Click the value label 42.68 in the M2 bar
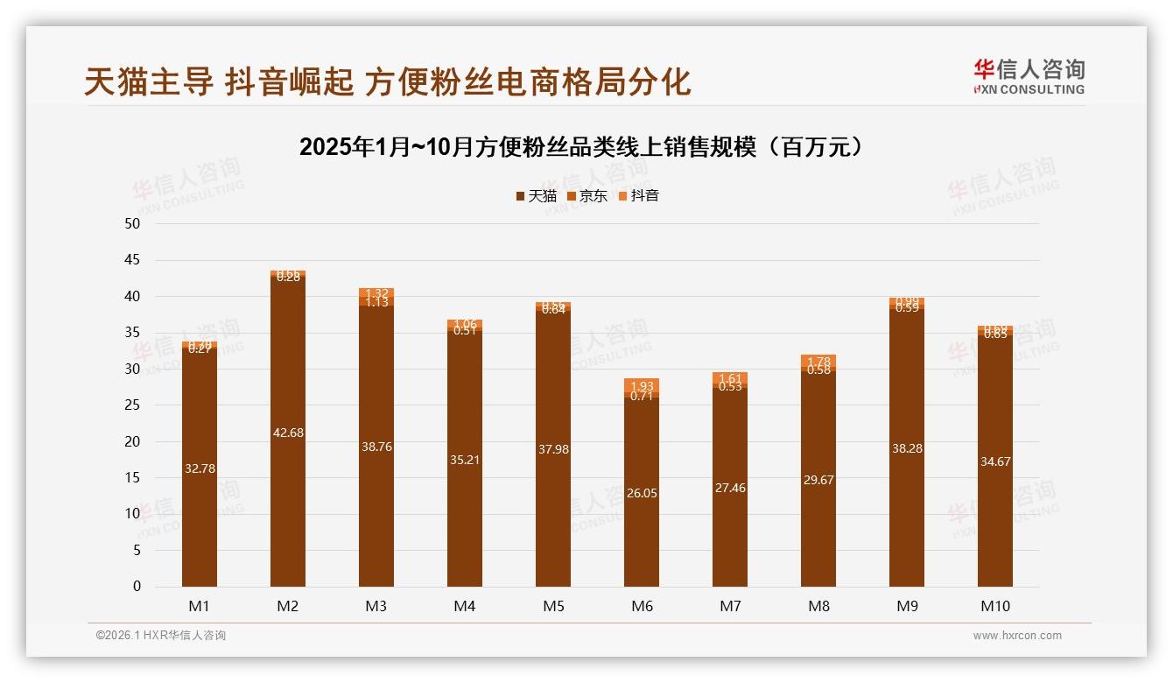tap(288, 433)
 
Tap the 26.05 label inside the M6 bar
tap(642, 493)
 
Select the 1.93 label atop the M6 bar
tap(642, 386)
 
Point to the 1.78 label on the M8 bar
tap(818, 362)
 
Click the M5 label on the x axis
tap(553, 606)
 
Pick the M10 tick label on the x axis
tap(995, 606)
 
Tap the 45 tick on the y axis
tap(132, 260)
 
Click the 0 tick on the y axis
tap(137, 587)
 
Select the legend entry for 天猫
tap(537, 196)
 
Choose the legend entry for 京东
tap(587, 196)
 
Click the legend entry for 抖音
tap(638, 196)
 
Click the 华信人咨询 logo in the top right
tap(1029, 76)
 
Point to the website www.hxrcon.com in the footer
tap(1017, 636)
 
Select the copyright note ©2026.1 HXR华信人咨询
tap(161, 636)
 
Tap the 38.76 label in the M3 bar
tap(376, 447)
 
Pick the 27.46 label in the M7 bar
tap(730, 488)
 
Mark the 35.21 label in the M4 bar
tap(465, 460)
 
